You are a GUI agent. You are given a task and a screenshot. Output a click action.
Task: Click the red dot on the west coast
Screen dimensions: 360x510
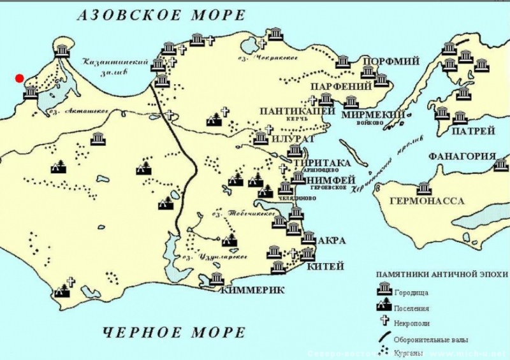point(20,78)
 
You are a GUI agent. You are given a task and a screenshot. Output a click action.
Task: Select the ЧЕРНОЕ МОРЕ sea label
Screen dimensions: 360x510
point(173,332)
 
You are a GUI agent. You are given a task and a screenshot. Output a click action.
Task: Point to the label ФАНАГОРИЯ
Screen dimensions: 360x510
point(462,157)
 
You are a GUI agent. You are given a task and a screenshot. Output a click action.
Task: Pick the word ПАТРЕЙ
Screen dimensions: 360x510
point(472,132)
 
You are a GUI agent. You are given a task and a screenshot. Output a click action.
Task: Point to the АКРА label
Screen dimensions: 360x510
point(332,241)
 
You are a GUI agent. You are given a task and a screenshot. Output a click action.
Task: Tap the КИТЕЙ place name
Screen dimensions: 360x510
point(330,266)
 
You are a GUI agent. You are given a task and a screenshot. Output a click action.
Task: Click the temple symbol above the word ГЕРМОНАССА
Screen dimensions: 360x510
point(423,189)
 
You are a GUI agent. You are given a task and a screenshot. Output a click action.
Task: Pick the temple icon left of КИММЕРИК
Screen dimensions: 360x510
point(216,279)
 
